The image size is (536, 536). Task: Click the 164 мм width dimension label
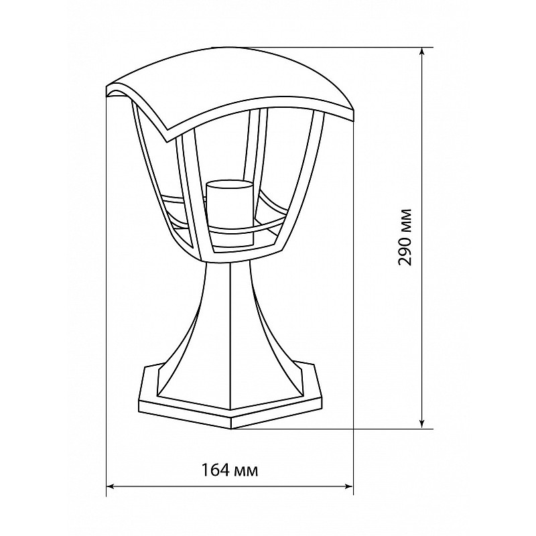[229, 470]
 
